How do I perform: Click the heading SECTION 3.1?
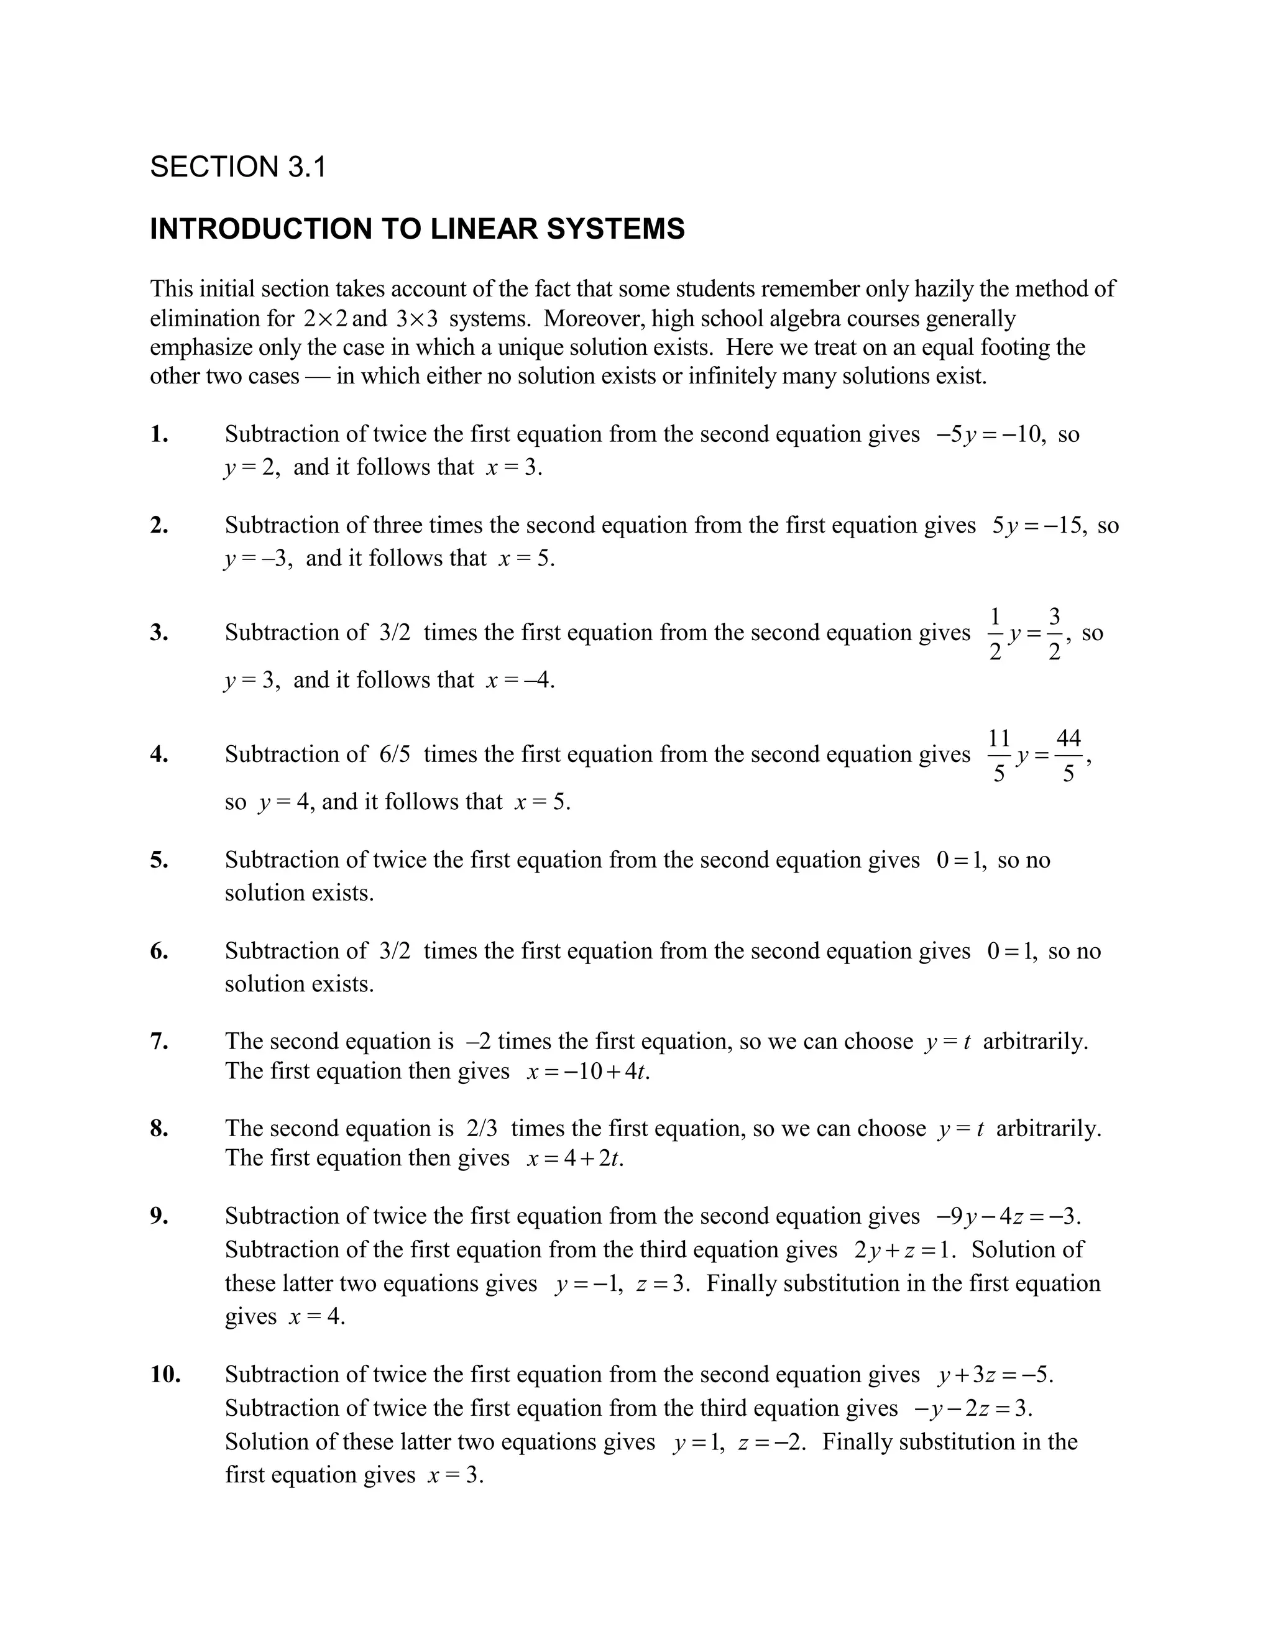tap(238, 167)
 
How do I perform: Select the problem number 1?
tap(159, 434)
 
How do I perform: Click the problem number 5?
tap(159, 860)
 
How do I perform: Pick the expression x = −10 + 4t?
tap(587, 1071)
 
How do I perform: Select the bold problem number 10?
tap(165, 1375)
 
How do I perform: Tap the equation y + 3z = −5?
tap(995, 1375)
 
